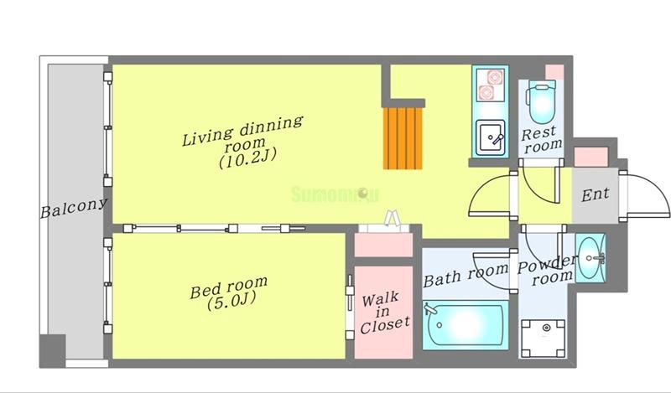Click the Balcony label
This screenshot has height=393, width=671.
73,208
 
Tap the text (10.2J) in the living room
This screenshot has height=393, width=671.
247,158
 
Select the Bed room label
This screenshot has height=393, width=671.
228,287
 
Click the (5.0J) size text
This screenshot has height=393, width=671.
231,301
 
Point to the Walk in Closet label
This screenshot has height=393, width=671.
384,313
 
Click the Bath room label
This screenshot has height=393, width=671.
466,275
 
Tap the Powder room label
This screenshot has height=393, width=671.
547,271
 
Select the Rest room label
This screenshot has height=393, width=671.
541,139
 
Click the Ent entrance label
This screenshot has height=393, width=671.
595,195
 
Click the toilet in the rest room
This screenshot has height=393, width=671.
542,102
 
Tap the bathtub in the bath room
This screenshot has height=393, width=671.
466,324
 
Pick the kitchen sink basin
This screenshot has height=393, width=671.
491,137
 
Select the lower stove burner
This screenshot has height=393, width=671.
486,92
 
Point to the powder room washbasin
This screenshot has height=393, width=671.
590,258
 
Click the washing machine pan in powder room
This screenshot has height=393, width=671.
543,338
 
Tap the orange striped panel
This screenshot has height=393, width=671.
403,137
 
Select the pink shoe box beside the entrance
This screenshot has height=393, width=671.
591,157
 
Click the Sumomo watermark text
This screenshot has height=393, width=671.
335,194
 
